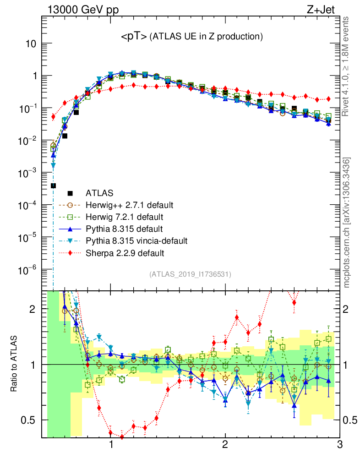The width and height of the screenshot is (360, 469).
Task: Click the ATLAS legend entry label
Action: tap(99, 193)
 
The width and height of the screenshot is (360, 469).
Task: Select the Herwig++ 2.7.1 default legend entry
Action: tap(129, 204)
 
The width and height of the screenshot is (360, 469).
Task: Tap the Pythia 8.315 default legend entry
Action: tap(124, 228)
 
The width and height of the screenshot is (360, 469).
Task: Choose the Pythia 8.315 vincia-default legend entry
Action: tap(136, 240)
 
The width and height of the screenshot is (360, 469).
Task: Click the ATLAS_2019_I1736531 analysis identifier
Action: tap(190, 274)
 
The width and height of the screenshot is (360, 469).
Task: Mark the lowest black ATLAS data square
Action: tap(53, 185)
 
